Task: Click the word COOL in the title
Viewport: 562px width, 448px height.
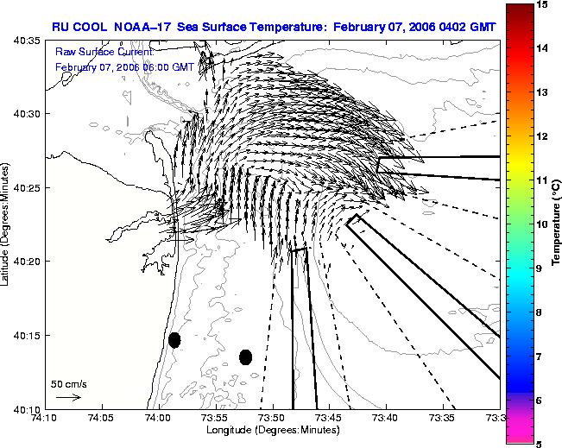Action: coord(90,27)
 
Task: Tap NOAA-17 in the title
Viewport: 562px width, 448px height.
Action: coord(142,27)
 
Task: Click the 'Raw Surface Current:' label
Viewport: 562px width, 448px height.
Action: coord(104,52)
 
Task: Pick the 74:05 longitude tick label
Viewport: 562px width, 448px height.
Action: coord(103,418)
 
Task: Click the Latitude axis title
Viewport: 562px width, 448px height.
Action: coord(5,224)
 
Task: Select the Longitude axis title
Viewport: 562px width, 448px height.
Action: coord(273,430)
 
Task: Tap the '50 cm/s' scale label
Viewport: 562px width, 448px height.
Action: coord(69,384)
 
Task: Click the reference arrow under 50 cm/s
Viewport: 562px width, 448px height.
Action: coord(69,397)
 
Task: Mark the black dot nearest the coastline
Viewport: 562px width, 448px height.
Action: coord(174,340)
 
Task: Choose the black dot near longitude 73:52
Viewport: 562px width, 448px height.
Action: coord(245,357)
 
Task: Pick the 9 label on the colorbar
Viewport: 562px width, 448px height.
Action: coord(539,268)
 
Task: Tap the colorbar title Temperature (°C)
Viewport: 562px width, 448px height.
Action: coord(556,222)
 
